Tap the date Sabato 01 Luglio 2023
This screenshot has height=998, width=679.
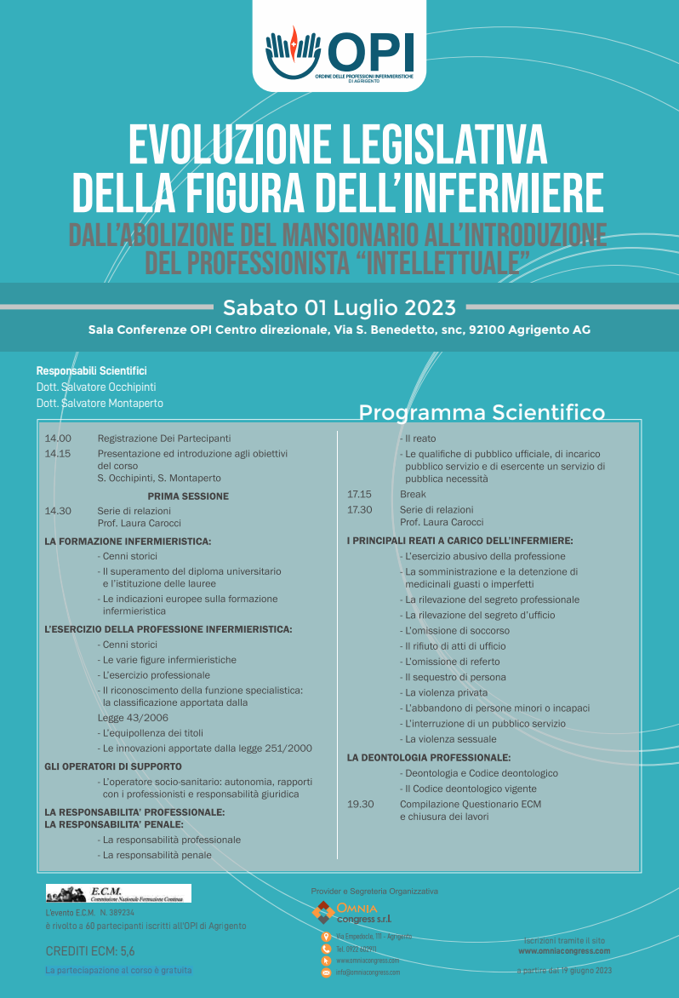click(x=339, y=307)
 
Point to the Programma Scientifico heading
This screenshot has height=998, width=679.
click(x=482, y=413)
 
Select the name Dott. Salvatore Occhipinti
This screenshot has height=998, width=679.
click(x=96, y=387)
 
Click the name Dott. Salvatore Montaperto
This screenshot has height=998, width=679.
click(x=100, y=403)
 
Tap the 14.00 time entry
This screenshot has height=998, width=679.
click(x=58, y=439)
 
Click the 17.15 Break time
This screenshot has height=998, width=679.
click(x=360, y=494)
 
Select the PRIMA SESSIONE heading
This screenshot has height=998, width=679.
click(x=188, y=496)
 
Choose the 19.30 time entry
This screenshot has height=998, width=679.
click(x=360, y=804)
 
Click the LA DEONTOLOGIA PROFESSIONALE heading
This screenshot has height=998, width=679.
click(x=429, y=757)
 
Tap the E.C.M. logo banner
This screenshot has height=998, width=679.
click(x=118, y=893)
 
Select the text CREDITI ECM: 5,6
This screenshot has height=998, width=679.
click(x=89, y=951)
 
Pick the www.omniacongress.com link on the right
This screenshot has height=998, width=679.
click(x=564, y=951)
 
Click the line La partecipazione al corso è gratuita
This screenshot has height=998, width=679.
click(x=118, y=970)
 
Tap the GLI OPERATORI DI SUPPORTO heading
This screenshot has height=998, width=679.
click(x=113, y=766)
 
